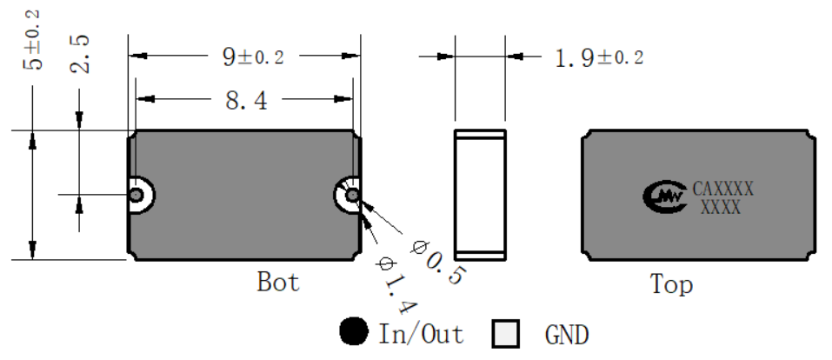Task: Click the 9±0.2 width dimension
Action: pyautogui.click(x=253, y=57)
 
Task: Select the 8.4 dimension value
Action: pyautogui.click(x=246, y=100)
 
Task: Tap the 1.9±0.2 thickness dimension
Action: pyautogui.click(x=599, y=57)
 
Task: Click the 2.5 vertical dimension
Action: pyautogui.click(x=80, y=54)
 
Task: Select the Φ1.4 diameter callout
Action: pyautogui.click(x=396, y=285)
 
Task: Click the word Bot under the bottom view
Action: pyautogui.click(x=278, y=282)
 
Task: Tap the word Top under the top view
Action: pyautogui.click(x=671, y=284)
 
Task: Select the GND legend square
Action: pyautogui.click(x=505, y=334)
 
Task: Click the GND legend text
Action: pyautogui.click(x=567, y=335)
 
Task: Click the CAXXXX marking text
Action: pyautogui.click(x=722, y=189)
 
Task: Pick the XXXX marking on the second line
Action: pyautogui.click(x=721, y=207)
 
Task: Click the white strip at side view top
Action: pyautogui.click(x=480, y=135)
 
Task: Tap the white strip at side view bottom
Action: pyautogui.click(x=480, y=256)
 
